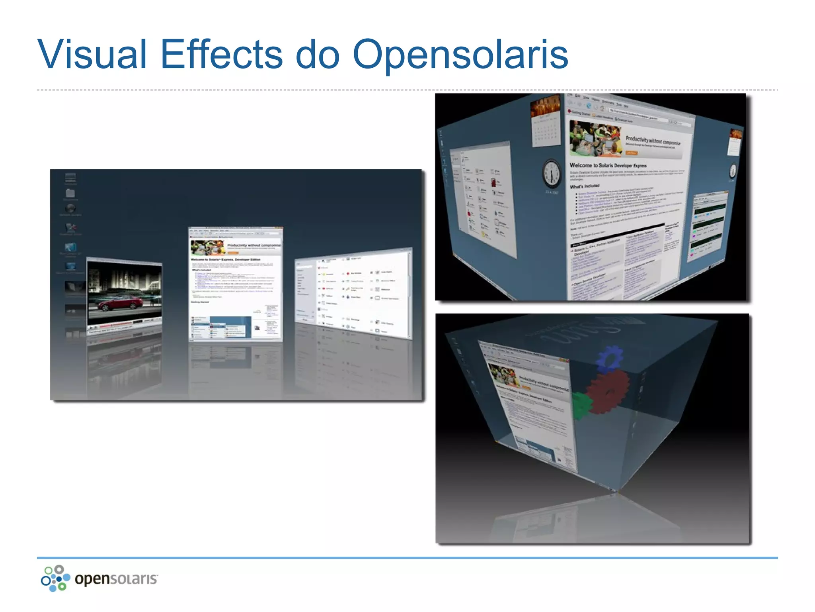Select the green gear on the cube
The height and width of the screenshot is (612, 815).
(581, 405)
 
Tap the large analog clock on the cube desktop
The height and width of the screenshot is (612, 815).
(552, 174)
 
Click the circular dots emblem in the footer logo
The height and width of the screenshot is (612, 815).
(55, 578)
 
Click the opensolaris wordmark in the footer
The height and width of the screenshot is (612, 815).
(116, 579)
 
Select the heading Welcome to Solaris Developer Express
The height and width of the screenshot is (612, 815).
(608, 165)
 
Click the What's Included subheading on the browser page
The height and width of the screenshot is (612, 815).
(585, 186)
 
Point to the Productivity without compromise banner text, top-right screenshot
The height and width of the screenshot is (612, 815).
(653, 140)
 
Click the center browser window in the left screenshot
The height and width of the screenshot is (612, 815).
(236, 284)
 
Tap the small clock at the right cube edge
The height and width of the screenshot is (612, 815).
(733, 171)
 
